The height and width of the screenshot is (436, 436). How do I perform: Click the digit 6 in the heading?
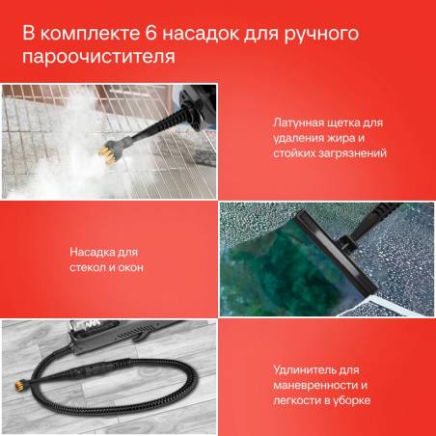(150, 34)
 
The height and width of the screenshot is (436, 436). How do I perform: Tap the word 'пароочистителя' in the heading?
(99, 57)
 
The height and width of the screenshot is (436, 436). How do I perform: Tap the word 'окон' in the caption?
(131, 267)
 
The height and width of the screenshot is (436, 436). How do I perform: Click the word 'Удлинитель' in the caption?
(304, 370)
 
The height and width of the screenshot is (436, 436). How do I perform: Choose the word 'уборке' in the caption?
(353, 400)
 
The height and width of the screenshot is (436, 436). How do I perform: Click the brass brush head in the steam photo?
(107, 154)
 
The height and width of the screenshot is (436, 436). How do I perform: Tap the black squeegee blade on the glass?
(335, 254)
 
